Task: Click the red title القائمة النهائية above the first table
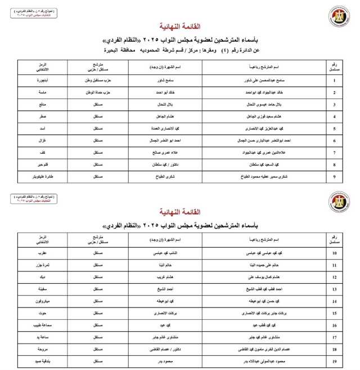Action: [181, 26]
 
